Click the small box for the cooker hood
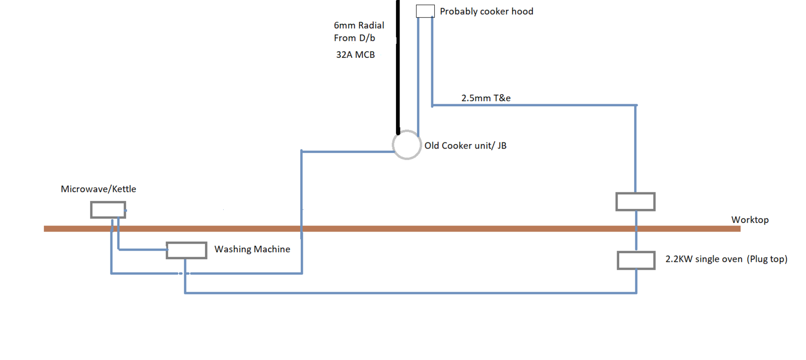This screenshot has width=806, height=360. pos(425,11)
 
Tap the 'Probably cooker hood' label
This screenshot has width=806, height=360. pos(487,12)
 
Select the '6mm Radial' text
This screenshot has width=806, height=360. pos(359,25)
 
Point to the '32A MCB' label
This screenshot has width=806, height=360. pos(356,55)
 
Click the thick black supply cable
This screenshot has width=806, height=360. pos(398,67)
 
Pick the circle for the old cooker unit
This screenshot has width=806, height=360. pos(407,145)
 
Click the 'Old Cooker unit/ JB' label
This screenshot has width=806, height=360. pos(465,146)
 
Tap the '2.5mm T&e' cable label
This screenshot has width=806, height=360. pos(486,98)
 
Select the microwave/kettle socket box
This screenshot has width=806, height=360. pos(108,209)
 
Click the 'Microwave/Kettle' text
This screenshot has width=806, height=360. pos(98,189)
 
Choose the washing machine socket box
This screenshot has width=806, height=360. pos(186,250)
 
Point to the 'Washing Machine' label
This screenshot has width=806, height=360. pos(252,249)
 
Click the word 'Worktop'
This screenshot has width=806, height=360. pos(750,220)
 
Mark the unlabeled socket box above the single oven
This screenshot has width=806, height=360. pos(635,202)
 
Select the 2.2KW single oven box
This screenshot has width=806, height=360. pos(636,260)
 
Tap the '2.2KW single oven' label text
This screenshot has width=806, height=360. pos(704,259)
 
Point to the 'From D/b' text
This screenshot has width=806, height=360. pos(355,38)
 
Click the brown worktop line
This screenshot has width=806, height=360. pos(392,229)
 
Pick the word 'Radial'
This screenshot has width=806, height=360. pos(371,25)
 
